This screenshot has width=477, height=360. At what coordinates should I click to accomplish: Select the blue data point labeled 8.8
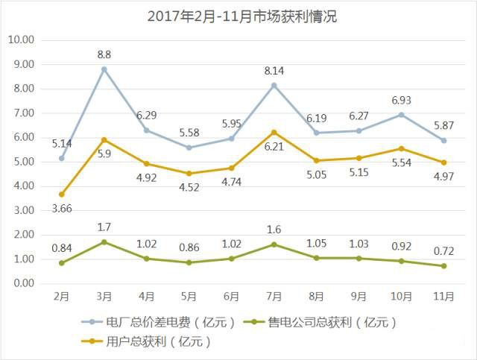pos(104,69)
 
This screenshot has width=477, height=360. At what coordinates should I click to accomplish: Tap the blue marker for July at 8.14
pos(274,85)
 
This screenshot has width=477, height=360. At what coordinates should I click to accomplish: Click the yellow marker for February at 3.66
pos(62,195)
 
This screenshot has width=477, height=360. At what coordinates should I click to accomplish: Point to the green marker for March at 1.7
pos(104,242)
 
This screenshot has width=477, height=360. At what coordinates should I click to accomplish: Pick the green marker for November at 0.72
pos(444,266)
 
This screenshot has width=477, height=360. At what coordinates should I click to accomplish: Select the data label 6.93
pos(402,100)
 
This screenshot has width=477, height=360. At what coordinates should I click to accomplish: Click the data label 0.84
pos(62,247)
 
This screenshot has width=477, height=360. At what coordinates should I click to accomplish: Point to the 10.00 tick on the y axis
pos(22,40)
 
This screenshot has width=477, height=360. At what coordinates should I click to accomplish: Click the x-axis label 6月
pos(232,296)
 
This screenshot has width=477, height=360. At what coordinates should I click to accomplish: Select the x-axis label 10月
pos(402,296)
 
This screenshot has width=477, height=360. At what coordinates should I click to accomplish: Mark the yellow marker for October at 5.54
pos(402,148)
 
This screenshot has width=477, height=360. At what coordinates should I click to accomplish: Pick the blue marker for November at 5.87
pos(444,140)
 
